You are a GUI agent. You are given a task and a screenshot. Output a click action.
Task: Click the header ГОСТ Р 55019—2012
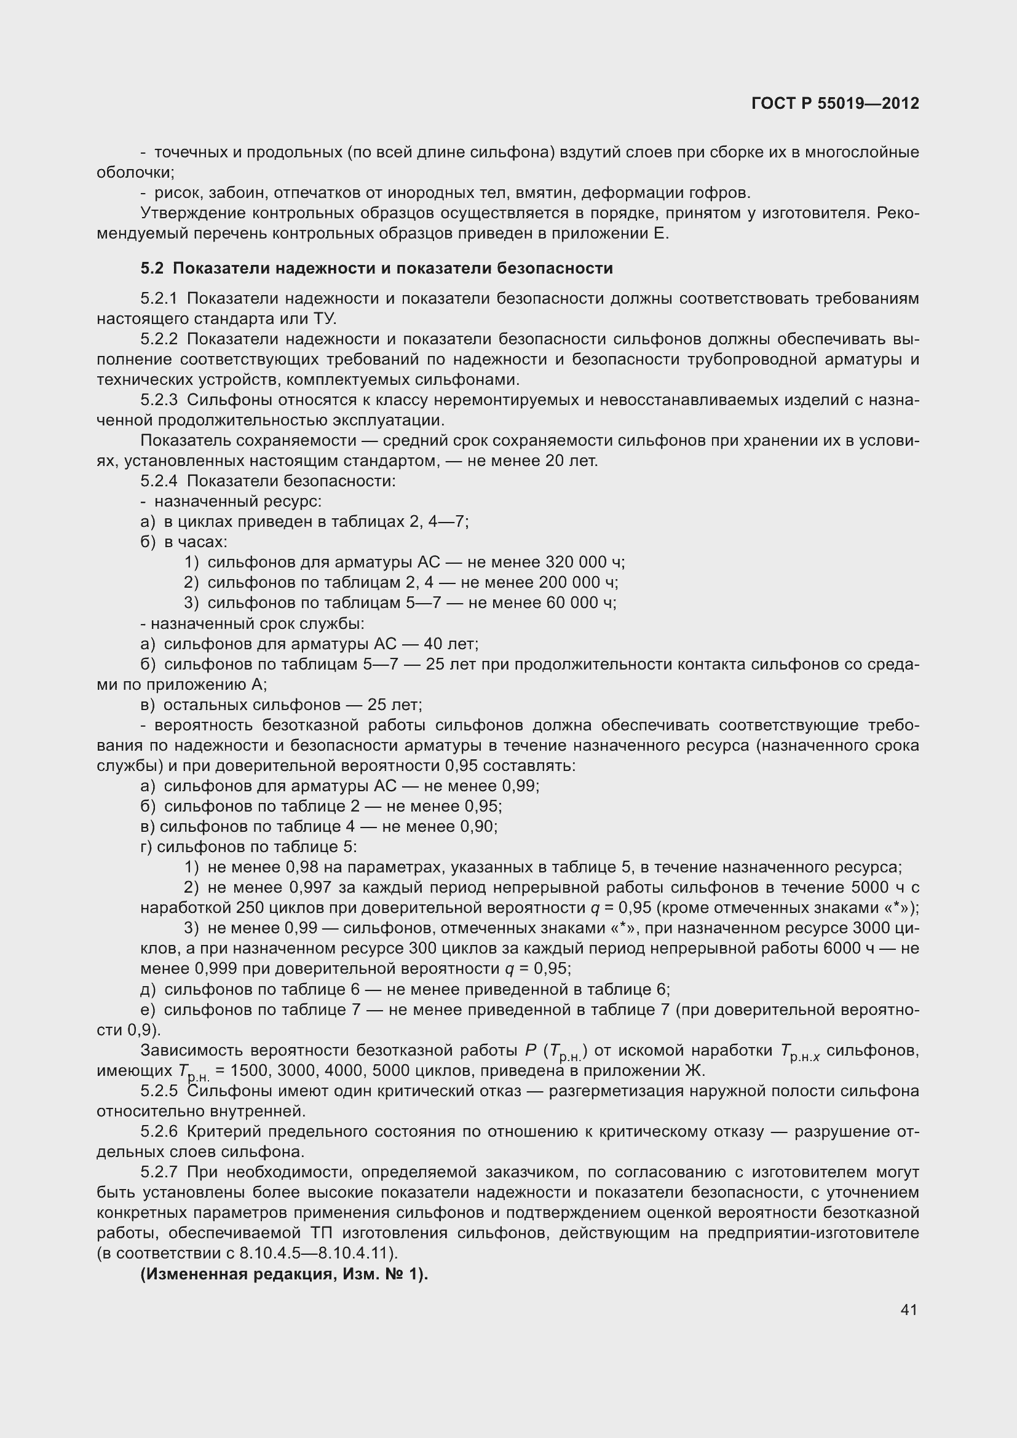tap(835, 103)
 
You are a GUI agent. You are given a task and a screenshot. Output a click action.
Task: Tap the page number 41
tap(909, 1310)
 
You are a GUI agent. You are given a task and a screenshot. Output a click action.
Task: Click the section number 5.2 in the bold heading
tap(151, 268)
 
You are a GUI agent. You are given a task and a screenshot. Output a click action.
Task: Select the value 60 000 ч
tap(581, 602)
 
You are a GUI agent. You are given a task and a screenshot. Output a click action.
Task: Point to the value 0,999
tap(216, 969)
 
